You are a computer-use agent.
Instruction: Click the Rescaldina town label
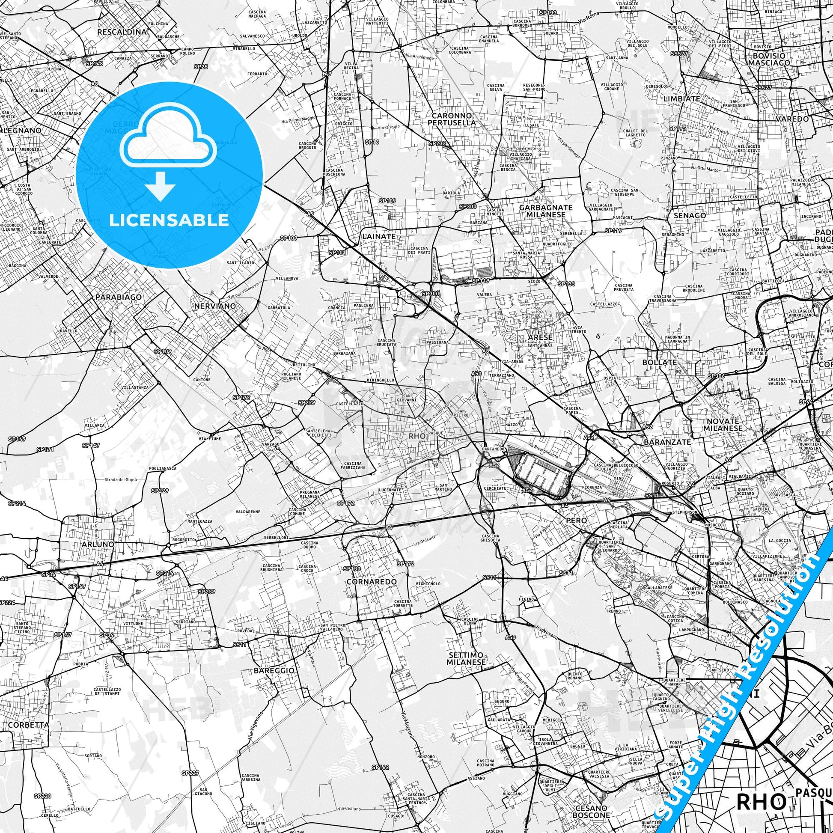122,32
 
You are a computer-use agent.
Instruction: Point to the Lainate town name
378,236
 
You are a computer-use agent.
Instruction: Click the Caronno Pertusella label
454,119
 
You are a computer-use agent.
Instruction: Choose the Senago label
693,215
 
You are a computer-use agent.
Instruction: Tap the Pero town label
576,521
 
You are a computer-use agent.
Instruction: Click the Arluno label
98,544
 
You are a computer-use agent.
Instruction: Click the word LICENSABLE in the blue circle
169,220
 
